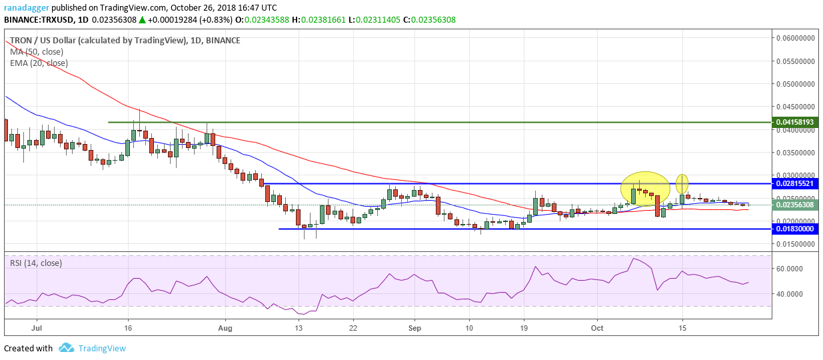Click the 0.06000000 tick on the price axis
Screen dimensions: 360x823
point(796,38)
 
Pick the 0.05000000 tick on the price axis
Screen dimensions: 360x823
point(796,84)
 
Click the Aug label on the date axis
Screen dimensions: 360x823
point(225,328)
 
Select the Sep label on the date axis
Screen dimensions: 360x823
point(414,328)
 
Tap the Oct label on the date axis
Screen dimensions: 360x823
point(597,328)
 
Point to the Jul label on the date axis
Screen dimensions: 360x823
point(37,328)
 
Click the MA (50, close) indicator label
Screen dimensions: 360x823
point(39,51)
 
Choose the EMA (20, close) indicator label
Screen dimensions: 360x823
point(39,63)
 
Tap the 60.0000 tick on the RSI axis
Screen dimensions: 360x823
point(790,269)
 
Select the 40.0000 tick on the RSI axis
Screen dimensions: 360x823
point(790,294)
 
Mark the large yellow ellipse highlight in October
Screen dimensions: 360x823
point(645,188)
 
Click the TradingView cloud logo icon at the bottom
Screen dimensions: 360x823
point(66,348)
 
